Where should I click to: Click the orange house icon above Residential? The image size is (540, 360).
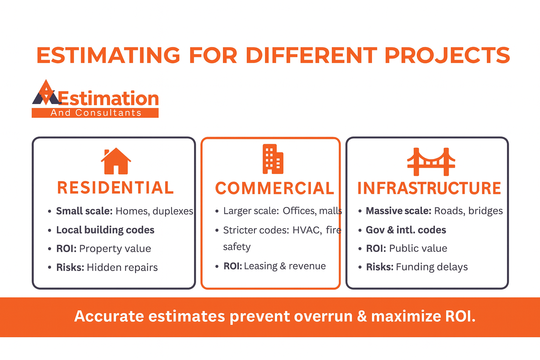coord(116,161)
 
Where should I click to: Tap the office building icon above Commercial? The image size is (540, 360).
coord(273,159)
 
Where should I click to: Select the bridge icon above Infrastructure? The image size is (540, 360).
coord(431,162)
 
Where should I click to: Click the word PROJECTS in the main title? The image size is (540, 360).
coord(447,55)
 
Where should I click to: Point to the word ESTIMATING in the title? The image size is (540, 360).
coord(108,55)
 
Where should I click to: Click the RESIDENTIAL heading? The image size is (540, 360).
coord(115,188)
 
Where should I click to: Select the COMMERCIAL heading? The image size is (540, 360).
coord(275,188)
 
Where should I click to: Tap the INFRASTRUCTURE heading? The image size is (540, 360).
coord(429,188)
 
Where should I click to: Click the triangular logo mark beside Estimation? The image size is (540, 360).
coord(46,92)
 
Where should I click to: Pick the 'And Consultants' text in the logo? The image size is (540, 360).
coord(96,112)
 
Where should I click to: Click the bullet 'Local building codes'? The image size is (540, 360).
coord(105,230)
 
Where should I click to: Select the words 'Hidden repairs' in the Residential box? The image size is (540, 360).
coord(122,267)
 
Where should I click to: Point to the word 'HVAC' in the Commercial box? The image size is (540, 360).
coord(307,230)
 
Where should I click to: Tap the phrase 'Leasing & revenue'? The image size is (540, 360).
coord(285,266)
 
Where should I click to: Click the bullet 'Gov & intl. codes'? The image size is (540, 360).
coord(406,230)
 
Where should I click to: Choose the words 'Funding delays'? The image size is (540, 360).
coord(432,267)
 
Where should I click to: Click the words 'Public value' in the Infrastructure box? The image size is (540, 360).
coord(418,248)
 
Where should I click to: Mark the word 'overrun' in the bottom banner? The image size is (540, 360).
coord(323,316)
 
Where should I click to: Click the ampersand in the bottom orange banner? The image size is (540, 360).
coord(362,316)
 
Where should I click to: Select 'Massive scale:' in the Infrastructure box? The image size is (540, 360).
coord(398,211)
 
